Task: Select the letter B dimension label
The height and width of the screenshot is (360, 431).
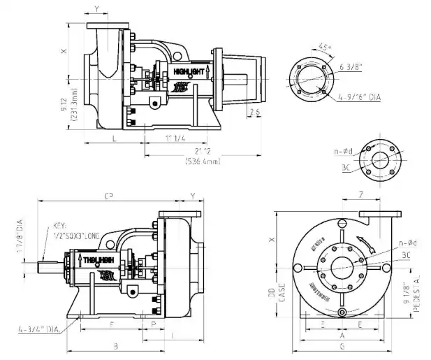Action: click(x=115, y=346)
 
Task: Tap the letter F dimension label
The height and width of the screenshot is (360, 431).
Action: click(x=112, y=324)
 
